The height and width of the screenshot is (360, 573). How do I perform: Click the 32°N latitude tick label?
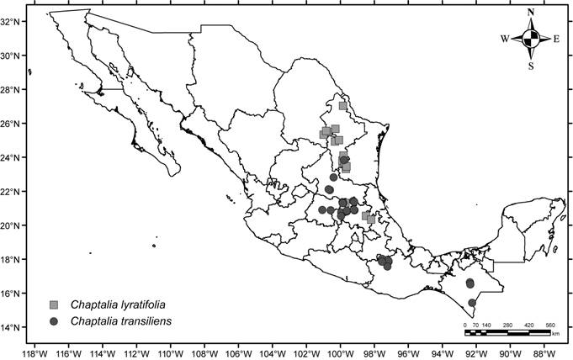[x=13, y=22]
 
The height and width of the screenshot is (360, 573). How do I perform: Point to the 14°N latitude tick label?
[x=13, y=327]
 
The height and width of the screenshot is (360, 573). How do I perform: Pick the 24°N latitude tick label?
[x=13, y=157]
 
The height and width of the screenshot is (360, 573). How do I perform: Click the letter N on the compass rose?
[x=530, y=13]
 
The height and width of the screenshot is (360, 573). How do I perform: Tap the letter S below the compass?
[x=530, y=66]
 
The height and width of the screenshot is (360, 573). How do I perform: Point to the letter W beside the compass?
[x=505, y=39]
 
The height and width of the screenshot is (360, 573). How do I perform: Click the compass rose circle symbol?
[x=530, y=39]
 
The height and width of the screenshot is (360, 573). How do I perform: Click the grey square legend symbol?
[x=54, y=304]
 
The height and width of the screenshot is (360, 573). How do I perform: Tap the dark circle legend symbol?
[x=54, y=321]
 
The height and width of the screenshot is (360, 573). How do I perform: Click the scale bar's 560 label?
[x=550, y=324]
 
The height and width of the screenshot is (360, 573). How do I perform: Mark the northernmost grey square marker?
[x=342, y=106]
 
